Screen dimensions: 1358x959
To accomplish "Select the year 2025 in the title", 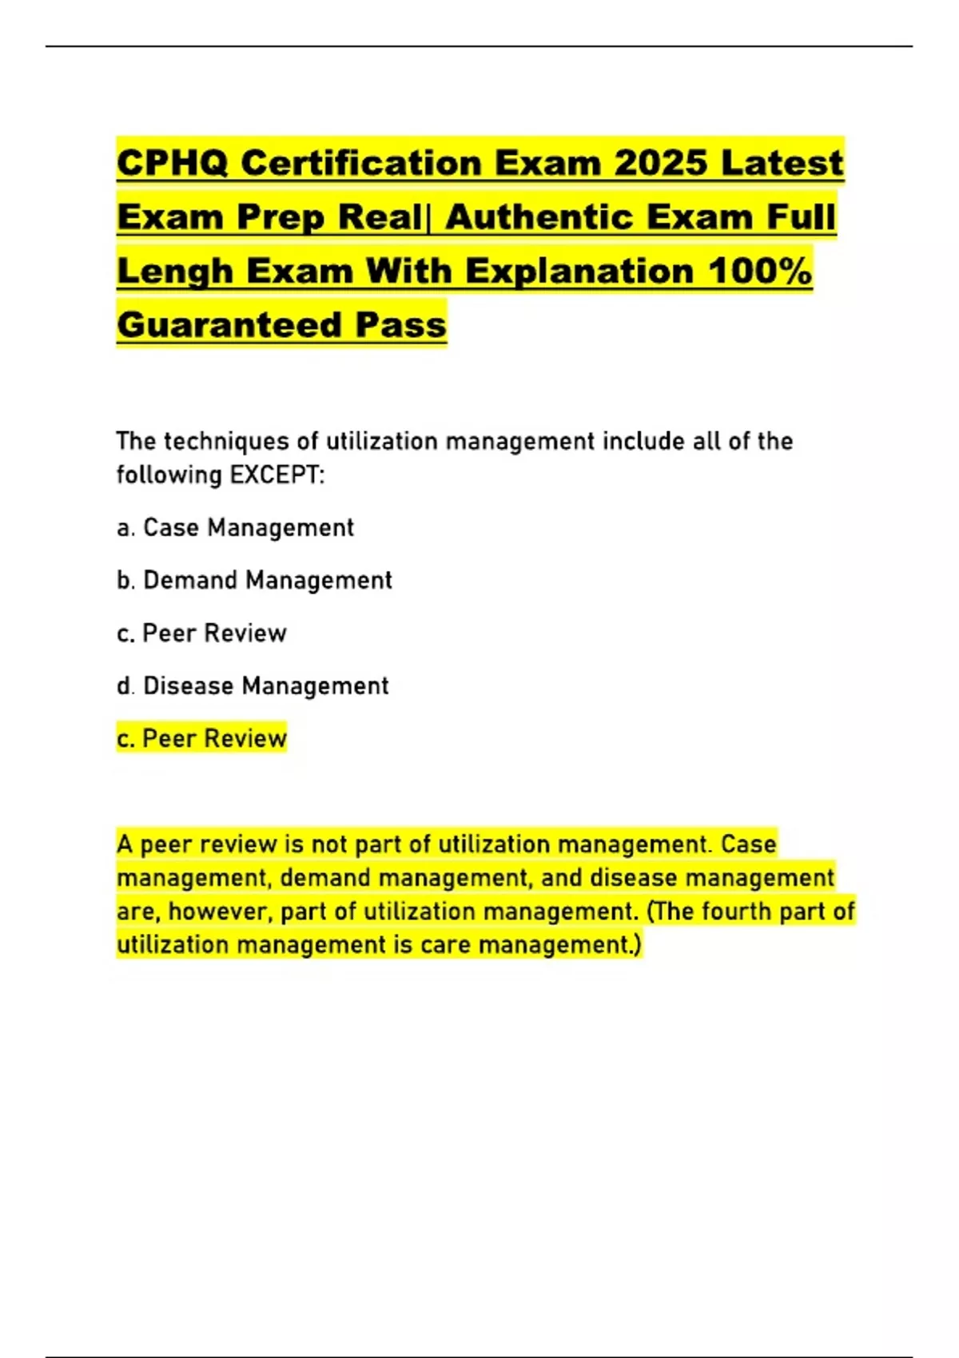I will pos(661,163).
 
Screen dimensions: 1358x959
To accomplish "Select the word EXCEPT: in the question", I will pos(277,475).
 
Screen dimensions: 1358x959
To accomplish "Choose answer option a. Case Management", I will pos(235,528).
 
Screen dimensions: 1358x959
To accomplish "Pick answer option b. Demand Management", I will pos(254,581).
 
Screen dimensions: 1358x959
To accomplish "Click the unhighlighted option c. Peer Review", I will pos(201,633).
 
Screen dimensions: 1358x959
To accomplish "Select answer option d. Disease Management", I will pos(253,686).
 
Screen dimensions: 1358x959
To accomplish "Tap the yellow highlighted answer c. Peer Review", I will pos(201,739).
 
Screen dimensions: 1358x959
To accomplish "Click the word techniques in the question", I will pos(227,442).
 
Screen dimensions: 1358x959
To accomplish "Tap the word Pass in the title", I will pos(401,324).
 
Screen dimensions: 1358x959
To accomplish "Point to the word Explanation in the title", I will pos(580,271).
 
